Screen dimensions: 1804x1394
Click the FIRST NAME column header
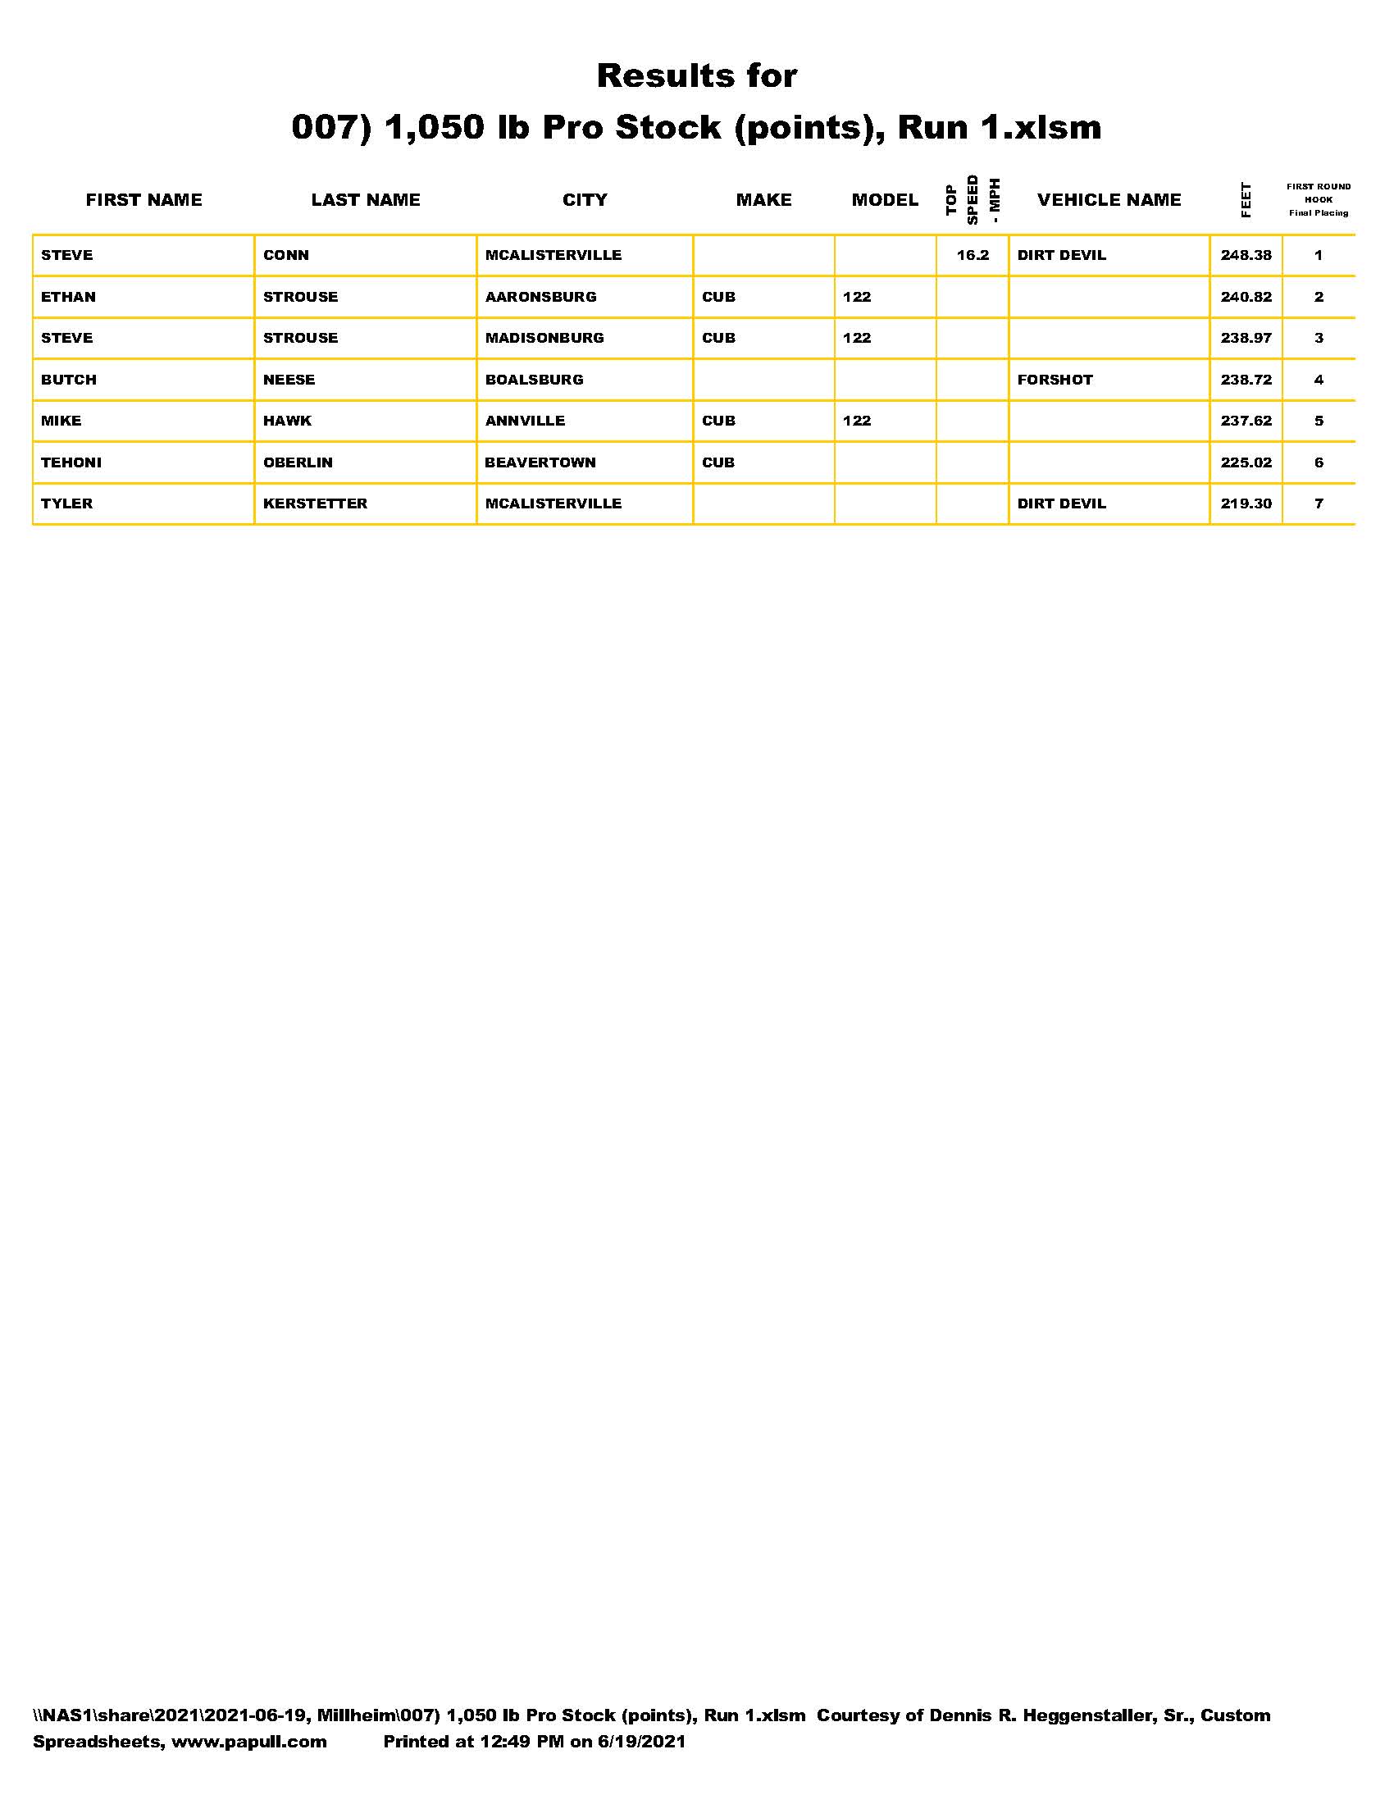(x=143, y=200)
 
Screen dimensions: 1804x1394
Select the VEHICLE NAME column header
(x=1109, y=200)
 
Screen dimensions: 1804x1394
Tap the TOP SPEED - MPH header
(x=972, y=200)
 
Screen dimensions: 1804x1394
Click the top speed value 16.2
(x=972, y=255)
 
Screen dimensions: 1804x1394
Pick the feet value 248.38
(x=1246, y=255)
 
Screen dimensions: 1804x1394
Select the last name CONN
(x=285, y=255)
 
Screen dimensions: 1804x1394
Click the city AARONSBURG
(x=540, y=297)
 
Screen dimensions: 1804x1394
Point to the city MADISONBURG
(x=544, y=338)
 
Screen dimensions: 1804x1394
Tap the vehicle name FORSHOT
(x=1055, y=380)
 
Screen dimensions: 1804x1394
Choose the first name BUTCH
(x=69, y=380)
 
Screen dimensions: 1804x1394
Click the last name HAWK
(x=287, y=421)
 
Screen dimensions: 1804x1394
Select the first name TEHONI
(x=71, y=462)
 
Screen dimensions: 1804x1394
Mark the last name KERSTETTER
(x=315, y=503)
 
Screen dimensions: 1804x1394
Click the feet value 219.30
(x=1246, y=503)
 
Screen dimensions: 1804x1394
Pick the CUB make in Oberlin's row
(x=717, y=462)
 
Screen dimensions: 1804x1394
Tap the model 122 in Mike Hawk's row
(x=856, y=421)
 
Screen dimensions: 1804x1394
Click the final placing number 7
(x=1318, y=503)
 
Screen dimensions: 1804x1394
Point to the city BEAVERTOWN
(x=540, y=462)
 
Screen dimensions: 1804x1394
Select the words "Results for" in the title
(x=696, y=76)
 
